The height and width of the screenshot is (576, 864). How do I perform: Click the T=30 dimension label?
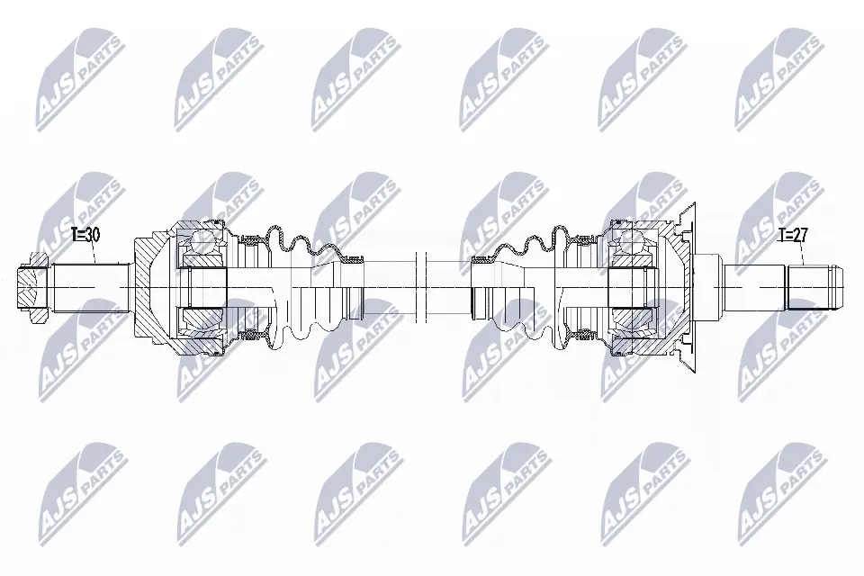pos(85,235)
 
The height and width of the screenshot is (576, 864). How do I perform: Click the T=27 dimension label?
pos(794,235)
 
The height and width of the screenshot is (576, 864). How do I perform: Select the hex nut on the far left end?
pos(33,286)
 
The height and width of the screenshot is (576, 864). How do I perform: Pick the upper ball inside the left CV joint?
pos(202,240)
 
